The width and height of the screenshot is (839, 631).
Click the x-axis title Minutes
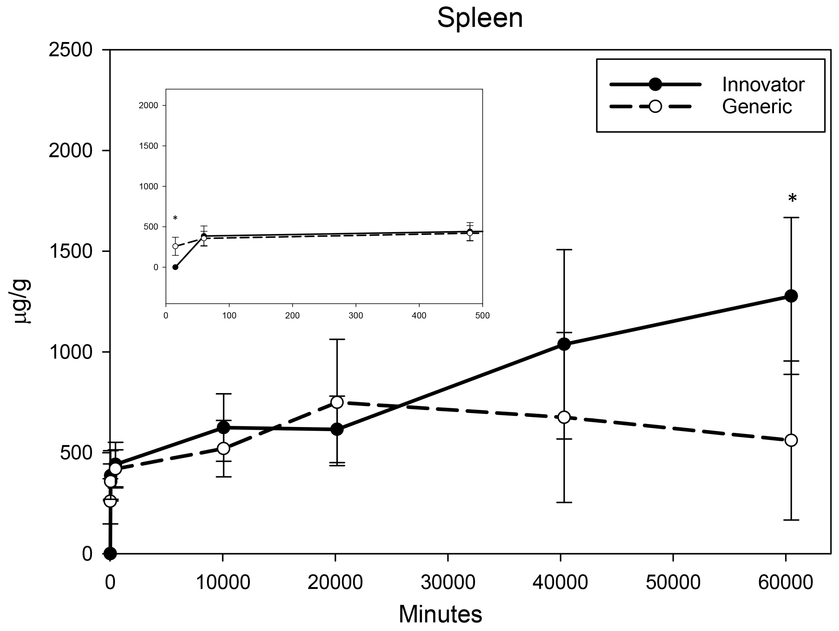(440, 614)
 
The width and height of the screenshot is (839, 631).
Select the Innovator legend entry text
(763, 84)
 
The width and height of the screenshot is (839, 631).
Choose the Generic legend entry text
(757, 106)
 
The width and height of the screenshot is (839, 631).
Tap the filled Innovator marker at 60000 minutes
(791, 296)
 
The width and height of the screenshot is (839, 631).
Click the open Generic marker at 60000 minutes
(791, 440)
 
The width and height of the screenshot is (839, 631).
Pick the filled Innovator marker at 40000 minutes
(564, 344)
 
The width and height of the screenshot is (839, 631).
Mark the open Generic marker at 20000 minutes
(337, 402)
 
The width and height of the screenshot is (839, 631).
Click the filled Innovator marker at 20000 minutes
(337, 430)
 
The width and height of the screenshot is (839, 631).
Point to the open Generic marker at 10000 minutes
(223, 448)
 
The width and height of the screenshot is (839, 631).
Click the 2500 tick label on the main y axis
(70, 50)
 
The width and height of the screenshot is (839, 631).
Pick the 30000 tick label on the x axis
(448, 582)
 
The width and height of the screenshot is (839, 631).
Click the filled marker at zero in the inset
(175, 267)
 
